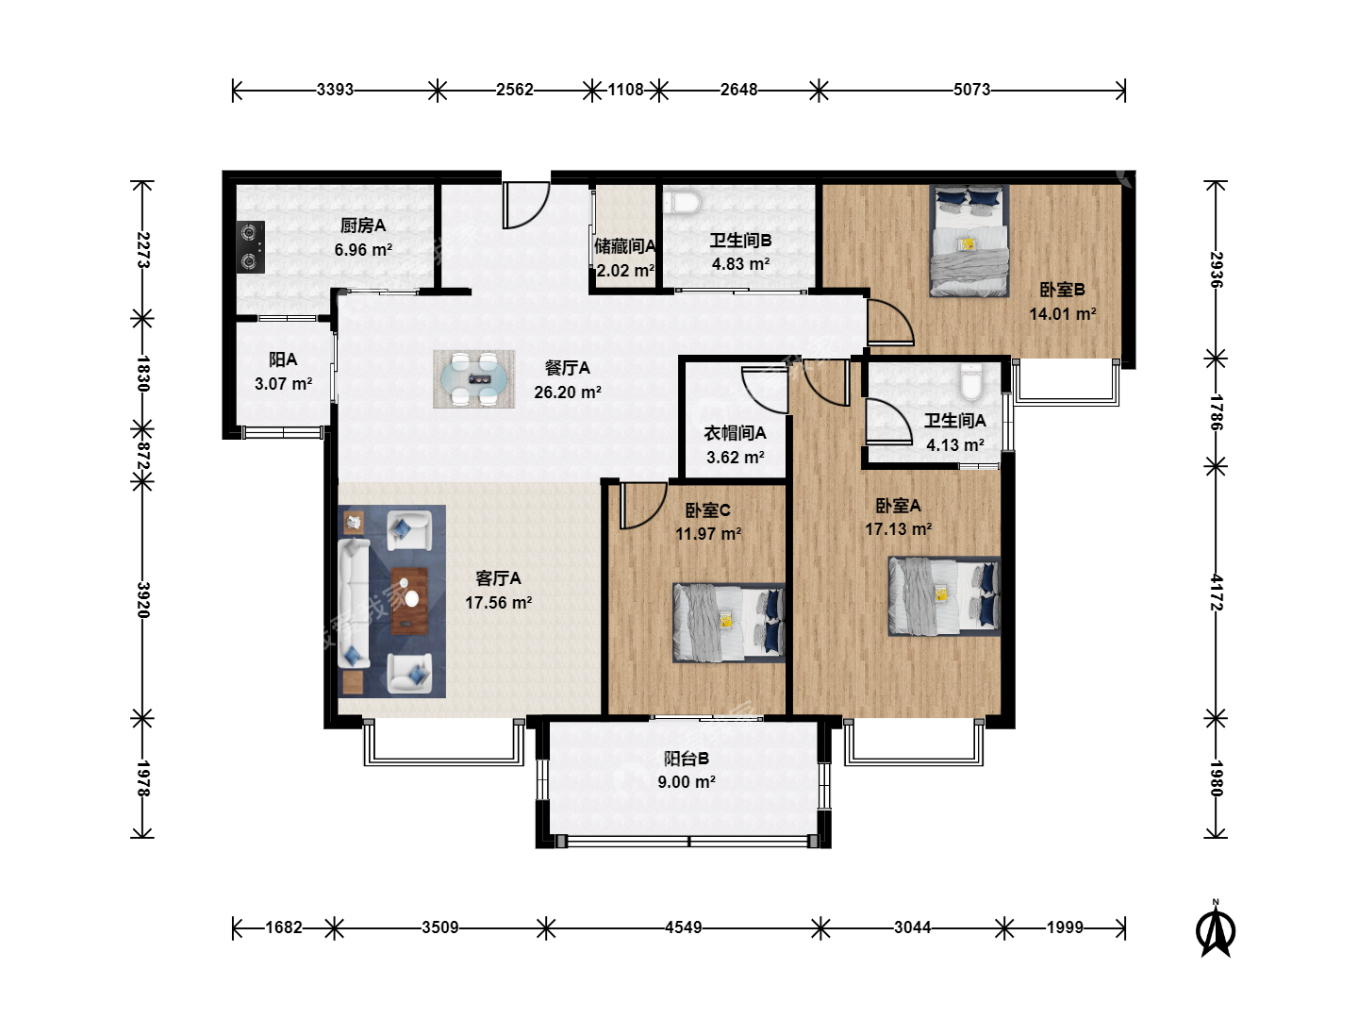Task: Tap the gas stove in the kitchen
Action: [250, 247]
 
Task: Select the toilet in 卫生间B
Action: [682, 202]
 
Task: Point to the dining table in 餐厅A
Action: [474, 379]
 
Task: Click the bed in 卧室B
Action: [969, 241]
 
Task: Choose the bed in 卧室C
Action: [729, 623]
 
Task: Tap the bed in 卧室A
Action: [944, 596]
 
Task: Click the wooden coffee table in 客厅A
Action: [409, 601]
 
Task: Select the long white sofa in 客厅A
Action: [354, 603]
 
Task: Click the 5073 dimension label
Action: [971, 90]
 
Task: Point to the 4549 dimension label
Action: [683, 927]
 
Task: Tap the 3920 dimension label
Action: [143, 599]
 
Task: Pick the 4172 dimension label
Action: [1216, 593]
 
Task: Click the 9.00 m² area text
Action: [687, 782]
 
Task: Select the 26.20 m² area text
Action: [568, 393]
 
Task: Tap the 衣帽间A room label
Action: [735, 433]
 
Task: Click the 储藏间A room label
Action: [625, 246]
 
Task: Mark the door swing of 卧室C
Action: [643, 506]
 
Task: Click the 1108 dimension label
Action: [625, 90]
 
